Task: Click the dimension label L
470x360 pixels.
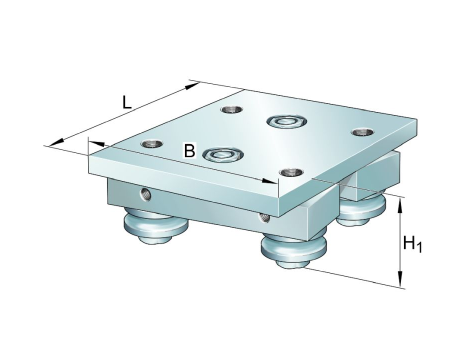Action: (x=126, y=102)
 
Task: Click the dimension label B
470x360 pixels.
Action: (x=189, y=151)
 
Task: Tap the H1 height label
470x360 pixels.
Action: (x=412, y=243)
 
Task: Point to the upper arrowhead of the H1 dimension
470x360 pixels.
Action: (x=401, y=206)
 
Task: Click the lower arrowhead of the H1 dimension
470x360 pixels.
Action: (x=401, y=279)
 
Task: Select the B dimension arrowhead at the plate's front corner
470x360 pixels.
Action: (x=269, y=181)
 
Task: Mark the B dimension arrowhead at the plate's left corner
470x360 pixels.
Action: (x=97, y=144)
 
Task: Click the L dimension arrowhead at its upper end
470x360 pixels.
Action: (x=192, y=86)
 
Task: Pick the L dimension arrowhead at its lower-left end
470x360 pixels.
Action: (x=56, y=142)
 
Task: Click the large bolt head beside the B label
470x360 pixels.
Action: (x=223, y=155)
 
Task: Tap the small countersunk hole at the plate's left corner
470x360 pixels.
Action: (x=152, y=144)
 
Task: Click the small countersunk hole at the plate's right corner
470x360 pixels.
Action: (x=363, y=132)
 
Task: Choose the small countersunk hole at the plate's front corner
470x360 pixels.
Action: (x=291, y=173)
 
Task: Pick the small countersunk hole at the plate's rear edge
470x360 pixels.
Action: (x=232, y=109)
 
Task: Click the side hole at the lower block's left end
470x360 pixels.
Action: (x=145, y=194)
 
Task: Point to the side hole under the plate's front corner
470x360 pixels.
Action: (x=265, y=217)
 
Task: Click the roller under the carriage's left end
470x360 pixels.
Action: (x=156, y=226)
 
